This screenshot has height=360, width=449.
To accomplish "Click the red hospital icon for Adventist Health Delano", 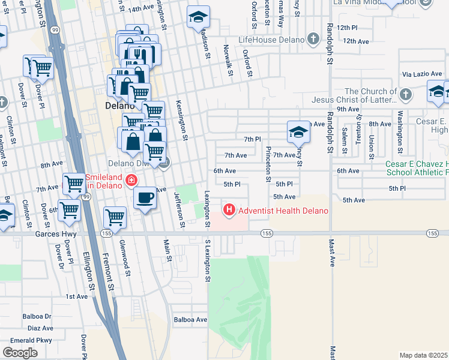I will pyautogui.click(x=229, y=210).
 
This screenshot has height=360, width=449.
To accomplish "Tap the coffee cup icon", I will pyautogui.click(x=144, y=197).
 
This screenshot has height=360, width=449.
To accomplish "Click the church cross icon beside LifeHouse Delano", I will pyautogui.click(x=312, y=40).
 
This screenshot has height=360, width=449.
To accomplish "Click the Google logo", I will pyautogui.click(x=20, y=353).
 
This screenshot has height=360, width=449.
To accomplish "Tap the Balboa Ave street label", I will pyautogui.click(x=190, y=320).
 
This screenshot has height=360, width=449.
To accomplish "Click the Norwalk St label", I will pyautogui.click(x=229, y=60).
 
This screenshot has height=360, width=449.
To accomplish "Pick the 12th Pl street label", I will pyautogui.click(x=347, y=28).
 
